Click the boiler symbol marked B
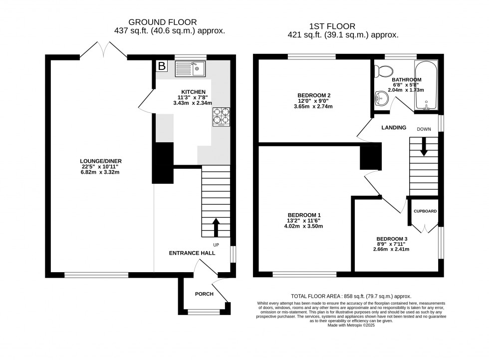coord(162,66)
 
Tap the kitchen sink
coord(190,68)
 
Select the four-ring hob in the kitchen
coord(222,117)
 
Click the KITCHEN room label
coord(193,92)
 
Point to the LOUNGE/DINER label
coord(101,161)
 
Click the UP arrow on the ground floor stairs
coord(216,227)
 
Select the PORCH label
coord(204,294)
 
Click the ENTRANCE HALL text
coord(192,253)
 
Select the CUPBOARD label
coord(425,211)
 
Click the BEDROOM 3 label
coord(391,238)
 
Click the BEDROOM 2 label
coord(314,95)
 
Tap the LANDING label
coord(394,128)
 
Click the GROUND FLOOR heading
coord(163,22)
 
